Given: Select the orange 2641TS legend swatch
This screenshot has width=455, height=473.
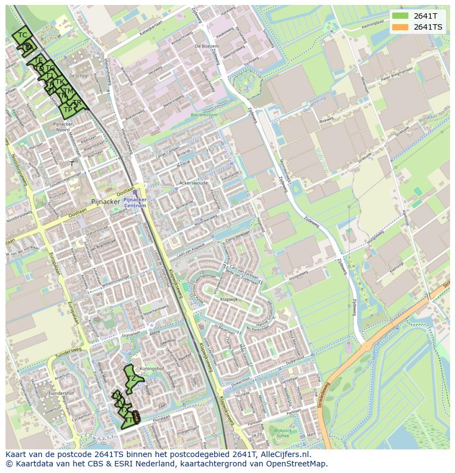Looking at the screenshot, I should point(400,27).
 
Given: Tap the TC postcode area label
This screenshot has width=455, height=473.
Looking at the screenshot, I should point(23,35).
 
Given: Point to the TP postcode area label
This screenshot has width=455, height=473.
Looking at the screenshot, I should point(68,110).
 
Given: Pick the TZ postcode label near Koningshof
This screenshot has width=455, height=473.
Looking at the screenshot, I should point(132,379).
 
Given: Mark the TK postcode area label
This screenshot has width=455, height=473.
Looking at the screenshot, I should point(59,82).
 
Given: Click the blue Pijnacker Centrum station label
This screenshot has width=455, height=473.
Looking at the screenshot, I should point(135,203).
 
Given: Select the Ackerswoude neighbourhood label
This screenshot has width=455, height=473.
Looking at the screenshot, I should point(193,183).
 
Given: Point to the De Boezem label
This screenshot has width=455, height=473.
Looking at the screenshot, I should point(204,47).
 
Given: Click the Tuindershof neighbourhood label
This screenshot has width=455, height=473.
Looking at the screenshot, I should point(61,393).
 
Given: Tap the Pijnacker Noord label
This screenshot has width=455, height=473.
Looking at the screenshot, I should point(62,127).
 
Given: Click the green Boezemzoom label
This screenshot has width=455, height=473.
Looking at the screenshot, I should point(203,114).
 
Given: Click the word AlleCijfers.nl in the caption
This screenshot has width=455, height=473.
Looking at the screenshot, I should point(285,454).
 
